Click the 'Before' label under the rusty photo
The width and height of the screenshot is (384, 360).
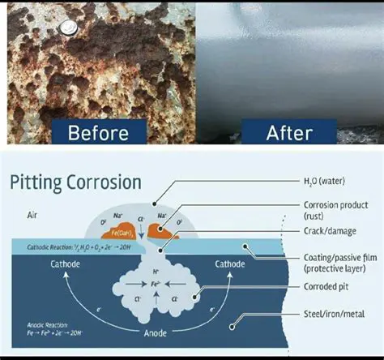tap(98, 131)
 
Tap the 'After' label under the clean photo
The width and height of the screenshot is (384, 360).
tap(289, 131)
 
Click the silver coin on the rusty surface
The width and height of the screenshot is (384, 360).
tap(68, 28)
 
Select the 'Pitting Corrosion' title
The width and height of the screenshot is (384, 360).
tap(75, 182)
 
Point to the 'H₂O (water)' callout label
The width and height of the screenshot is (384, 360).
tap(326, 185)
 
